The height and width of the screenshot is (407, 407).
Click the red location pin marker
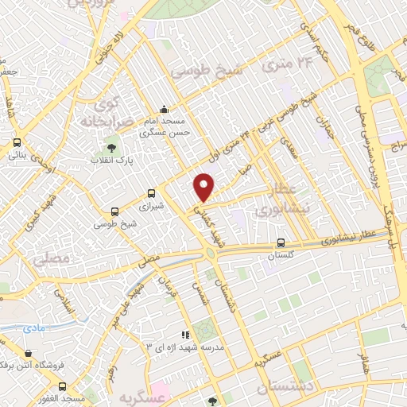[204, 188]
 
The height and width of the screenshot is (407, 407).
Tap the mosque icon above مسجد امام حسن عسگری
[164, 110]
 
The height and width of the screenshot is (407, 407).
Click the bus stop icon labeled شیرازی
[152, 192]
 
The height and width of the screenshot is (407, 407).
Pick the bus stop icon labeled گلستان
[280, 243]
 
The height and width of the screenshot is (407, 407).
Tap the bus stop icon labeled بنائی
[17, 144]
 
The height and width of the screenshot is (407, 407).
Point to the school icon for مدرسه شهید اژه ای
[185, 335]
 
